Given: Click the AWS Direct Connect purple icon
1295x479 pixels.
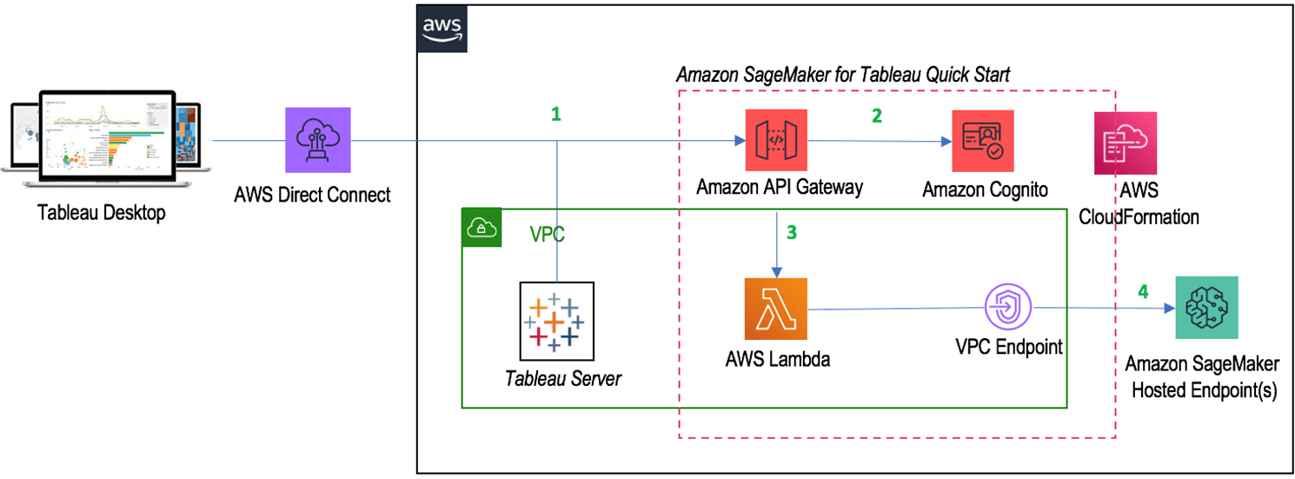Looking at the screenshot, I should (x=317, y=140).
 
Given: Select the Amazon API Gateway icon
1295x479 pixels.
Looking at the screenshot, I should (x=775, y=140).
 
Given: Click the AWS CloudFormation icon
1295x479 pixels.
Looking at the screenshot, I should (x=1126, y=143).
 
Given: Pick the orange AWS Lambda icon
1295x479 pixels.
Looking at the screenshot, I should (x=775, y=309).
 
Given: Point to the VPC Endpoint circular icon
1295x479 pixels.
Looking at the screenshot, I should (x=1007, y=308).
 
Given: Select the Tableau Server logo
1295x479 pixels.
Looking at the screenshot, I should (x=556, y=321).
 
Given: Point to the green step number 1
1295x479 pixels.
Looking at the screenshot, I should (x=556, y=114).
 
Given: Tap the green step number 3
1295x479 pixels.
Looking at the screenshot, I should (x=790, y=233).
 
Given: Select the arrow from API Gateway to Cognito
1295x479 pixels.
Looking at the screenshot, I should (x=878, y=141).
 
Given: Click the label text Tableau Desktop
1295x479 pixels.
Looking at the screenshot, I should (x=101, y=213).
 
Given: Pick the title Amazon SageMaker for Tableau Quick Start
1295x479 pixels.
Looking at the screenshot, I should (x=842, y=75).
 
